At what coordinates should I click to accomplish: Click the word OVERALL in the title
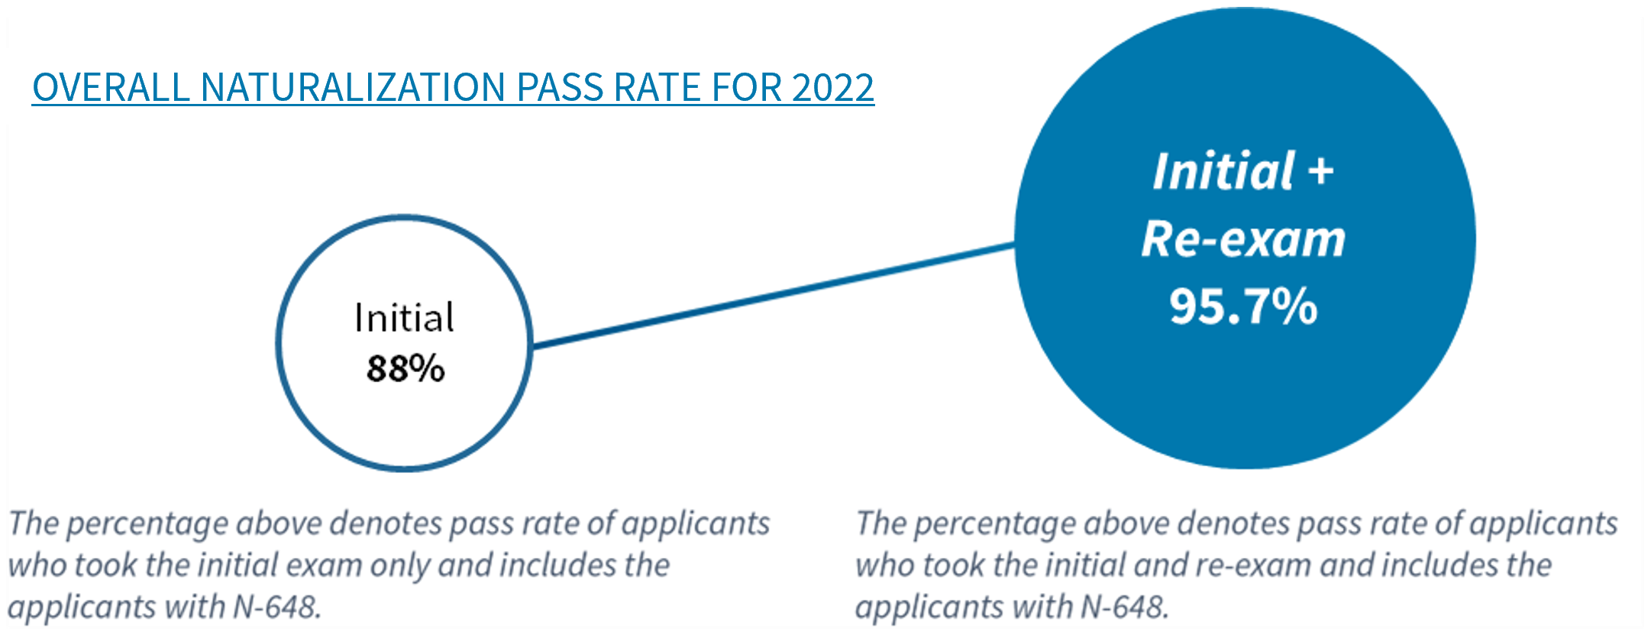click(x=111, y=87)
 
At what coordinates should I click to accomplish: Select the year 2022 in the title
click(x=832, y=87)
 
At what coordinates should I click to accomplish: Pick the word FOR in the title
click(x=748, y=87)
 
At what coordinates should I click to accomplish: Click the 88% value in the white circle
click(x=405, y=368)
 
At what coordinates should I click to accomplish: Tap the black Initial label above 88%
click(x=404, y=318)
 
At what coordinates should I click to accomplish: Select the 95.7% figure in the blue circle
click(x=1243, y=306)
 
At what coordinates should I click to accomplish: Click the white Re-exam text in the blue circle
click(x=1243, y=239)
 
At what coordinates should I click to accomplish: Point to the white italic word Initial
click(x=1223, y=171)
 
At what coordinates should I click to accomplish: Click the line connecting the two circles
click(x=771, y=296)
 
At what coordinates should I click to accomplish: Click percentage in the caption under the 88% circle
click(x=149, y=524)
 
